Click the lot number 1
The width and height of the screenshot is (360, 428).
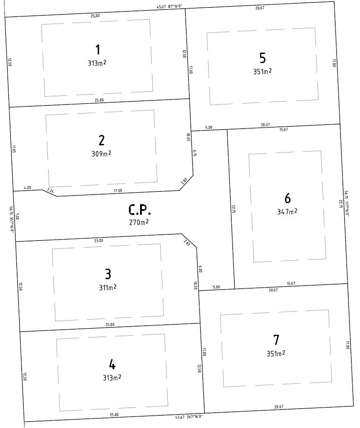pyautogui.click(x=97, y=49)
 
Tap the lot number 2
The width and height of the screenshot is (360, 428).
pyautogui.click(x=101, y=140)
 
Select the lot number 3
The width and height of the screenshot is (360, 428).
pyautogui.click(x=108, y=274)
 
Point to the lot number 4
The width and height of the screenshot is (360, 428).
pyautogui.click(x=112, y=365)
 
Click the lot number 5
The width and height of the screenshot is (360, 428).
pyautogui.click(x=262, y=58)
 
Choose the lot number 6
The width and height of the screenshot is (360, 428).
pyautogui.click(x=287, y=198)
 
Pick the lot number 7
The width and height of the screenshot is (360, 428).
pyautogui.click(x=276, y=340)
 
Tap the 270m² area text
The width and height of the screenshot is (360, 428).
pyautogui.click(x=139, y=222)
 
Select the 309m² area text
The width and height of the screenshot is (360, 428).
pyautogui.click(x=101, y=154)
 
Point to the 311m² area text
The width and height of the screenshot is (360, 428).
pyautogui.click(x=108, y=288)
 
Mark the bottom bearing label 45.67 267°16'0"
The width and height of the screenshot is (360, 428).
pyautogui.click(x=189, y=417)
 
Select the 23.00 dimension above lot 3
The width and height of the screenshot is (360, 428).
pyautogui.click(x=99, y=240)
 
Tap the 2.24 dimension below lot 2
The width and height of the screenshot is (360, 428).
pyautogui.click(x=50, y=190)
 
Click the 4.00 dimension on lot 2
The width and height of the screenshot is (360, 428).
pyautogui.click(x=28, y=188)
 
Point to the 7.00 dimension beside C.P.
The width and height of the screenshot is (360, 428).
pyautogui.click(x=17, y=217)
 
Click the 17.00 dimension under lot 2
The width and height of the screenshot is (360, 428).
pyautogui.click(x=117, y=190)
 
